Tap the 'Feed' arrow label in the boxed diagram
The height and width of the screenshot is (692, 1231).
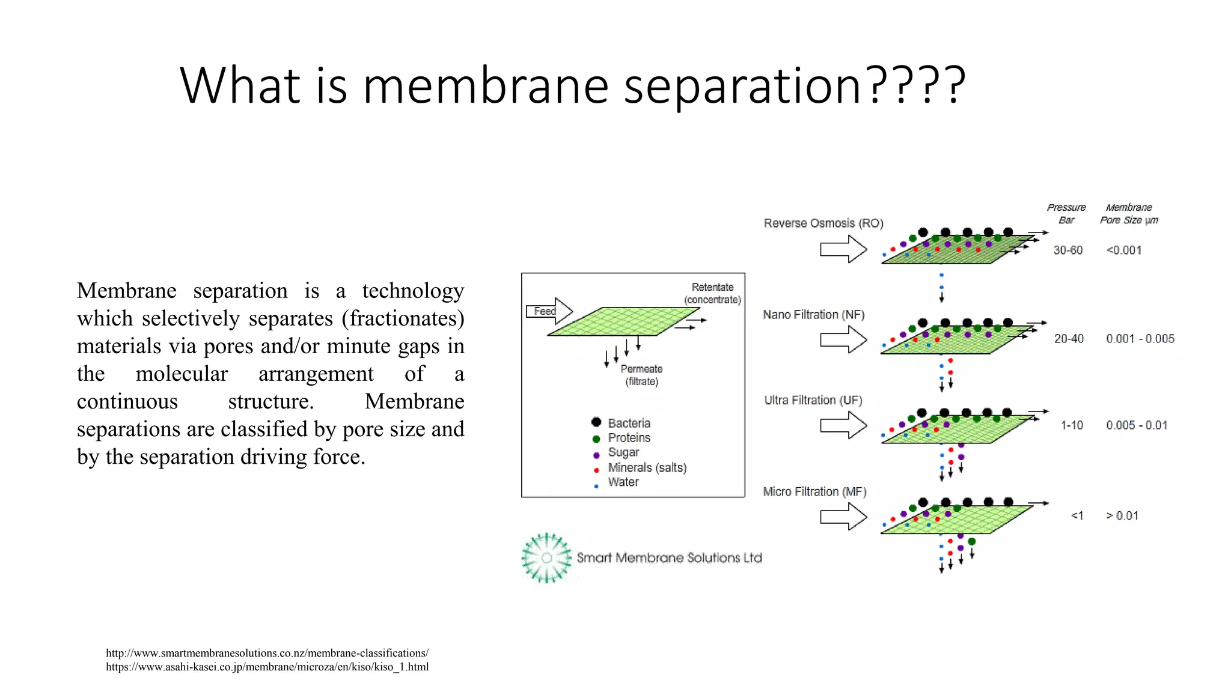tap(545, 311)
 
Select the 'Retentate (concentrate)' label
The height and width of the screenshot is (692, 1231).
tap(712, 293)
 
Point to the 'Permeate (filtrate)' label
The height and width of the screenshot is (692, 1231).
tap(641, 375)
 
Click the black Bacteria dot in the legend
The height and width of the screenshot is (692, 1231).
tap(596, 422)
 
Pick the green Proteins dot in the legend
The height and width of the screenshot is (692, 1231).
tap(596, 439)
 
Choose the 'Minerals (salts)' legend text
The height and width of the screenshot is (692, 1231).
tap(647, 467)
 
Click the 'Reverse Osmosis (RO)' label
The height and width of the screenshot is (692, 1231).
tap(823, 223)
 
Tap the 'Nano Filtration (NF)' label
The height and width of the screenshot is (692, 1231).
tap(813, 315)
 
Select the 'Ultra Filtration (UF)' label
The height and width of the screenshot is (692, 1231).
tap(813, 401)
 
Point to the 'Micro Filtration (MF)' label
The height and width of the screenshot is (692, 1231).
tap(814, 492)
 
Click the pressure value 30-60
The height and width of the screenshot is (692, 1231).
tap(1068, 250)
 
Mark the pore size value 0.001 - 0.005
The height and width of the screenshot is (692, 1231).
tap(1140, 339)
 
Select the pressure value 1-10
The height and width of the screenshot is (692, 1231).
tap(1071, 425)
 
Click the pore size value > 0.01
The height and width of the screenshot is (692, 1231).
tap(1122, 516)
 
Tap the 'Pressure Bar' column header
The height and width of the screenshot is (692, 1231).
tap(1066, 214)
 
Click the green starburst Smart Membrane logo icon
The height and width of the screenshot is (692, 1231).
tap(546, 557)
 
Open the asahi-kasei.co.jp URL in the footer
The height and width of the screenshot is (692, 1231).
tap(267, 667)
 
